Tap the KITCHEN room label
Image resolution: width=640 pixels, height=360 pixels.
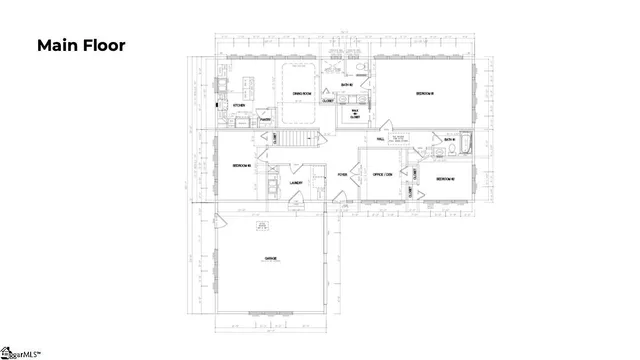[x=239, y=105]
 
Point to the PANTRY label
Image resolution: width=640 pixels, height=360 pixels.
[x=266, y=119]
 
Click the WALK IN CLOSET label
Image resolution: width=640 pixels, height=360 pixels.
[x=354, y=114]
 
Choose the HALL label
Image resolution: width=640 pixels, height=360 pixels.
[x=380, y=139]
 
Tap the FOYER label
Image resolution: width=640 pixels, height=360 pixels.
[x=342, y=174]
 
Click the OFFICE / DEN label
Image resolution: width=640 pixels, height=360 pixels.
[x=382, y=174]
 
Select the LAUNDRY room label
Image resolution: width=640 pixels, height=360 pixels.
[x=296, y=183]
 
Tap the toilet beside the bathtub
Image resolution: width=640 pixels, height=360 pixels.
[x=452, y=152]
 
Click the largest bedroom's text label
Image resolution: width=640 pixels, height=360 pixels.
[x=427, y=94]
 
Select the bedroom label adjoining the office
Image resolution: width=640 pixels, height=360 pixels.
[x=445, y=179]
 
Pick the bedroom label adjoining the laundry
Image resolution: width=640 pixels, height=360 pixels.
[x=241, y=165]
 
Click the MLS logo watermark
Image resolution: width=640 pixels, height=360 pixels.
[x=20, y=351]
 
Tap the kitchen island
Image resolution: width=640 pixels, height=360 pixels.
[x=251, y=86]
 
